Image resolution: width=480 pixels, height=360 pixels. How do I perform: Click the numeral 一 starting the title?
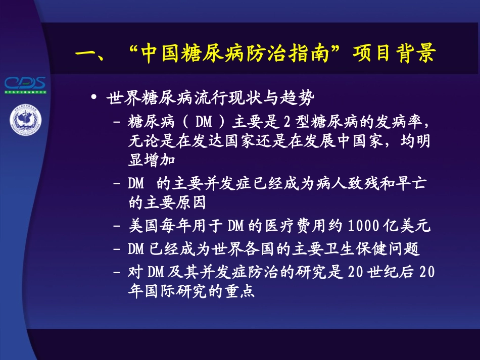point(85,54)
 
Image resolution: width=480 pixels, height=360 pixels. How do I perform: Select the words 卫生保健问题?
point(384,248)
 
